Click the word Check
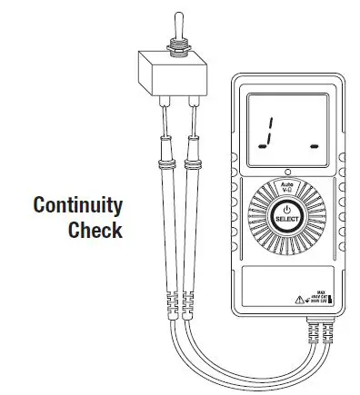(95, 230)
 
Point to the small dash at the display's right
(313, 144)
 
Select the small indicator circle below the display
(286, 171)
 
